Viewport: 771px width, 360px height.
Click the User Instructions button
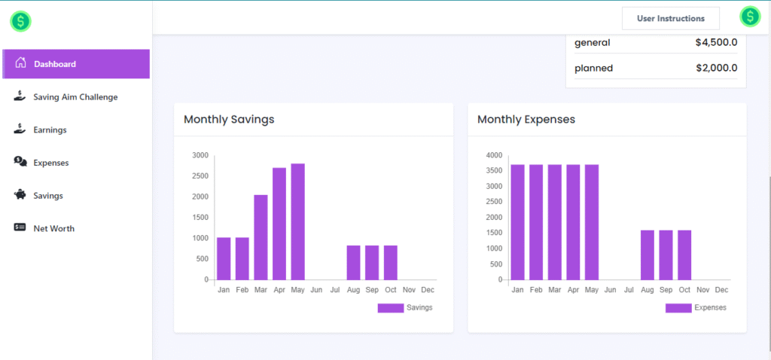670,18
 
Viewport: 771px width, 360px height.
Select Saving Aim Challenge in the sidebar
75,97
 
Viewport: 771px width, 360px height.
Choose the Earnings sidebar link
50,130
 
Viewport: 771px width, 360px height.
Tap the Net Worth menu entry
53,228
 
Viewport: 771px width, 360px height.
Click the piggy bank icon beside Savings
20,195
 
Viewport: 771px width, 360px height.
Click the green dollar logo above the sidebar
20,21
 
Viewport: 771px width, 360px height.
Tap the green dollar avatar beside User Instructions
750,17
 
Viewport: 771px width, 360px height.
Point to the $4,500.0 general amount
716,43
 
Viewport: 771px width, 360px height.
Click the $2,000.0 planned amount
716,68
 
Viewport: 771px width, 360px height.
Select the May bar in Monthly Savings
297,221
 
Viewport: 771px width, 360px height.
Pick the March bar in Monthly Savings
261,237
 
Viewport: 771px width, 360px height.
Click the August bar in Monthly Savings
353,262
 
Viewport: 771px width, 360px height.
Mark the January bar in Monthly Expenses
517,222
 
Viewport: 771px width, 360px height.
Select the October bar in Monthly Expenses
684,255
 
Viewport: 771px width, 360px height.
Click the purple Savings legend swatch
390,308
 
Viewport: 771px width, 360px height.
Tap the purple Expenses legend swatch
678,308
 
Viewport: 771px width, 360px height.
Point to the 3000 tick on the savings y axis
200,156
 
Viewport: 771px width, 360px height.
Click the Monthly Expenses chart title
526,119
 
